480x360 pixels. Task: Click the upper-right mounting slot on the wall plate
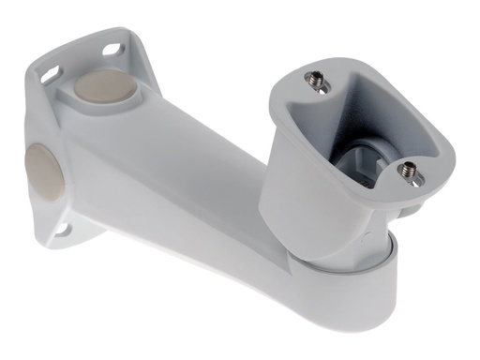pyautogui.click(x=112, y=48)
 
